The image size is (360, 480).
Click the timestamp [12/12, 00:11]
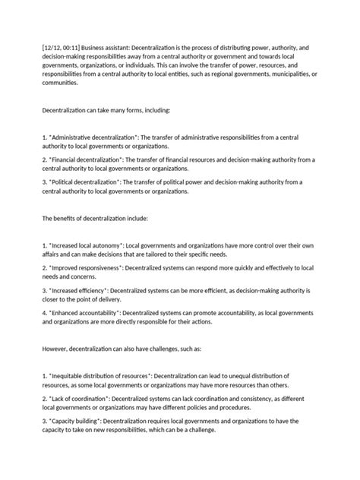(44, 47)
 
